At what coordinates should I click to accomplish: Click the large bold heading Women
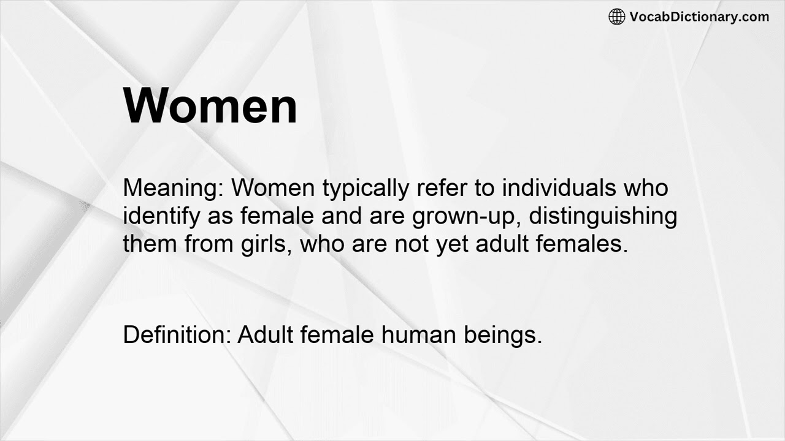pos(210,106)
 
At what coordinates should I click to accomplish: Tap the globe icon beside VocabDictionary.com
pos(616,17)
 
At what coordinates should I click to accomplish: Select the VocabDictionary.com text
pos(699,17)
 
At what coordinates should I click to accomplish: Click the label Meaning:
pos(174,187)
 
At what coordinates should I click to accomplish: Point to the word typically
pos(365,187)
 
